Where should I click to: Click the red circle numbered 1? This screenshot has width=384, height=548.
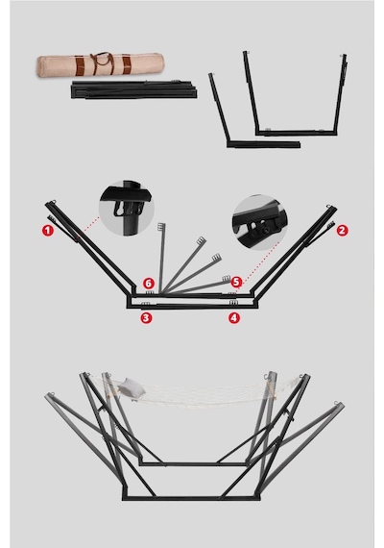coord(48,231)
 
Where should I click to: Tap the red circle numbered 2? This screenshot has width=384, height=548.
coord(342,231)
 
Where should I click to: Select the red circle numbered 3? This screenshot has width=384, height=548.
coord(146,317)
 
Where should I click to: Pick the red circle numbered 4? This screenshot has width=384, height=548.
coord(234,317)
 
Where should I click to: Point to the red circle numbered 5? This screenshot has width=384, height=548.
coord(236,282)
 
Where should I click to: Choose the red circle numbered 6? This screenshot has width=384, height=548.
coord(149,283)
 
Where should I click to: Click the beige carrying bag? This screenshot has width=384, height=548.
coord(100,64)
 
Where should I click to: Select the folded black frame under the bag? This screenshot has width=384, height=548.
coord(134,89)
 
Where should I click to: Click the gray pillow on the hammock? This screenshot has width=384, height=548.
coord(131,388)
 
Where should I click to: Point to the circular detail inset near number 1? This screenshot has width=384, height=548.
coord(127,208)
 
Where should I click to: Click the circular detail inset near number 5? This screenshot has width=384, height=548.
coord(260,223)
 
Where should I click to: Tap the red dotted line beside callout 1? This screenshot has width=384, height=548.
coord(88,227)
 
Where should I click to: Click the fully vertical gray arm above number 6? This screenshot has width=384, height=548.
coord(161,258)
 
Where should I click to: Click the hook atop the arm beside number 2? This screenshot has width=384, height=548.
coord(329,208)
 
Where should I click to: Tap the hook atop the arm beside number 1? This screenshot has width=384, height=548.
coord(53,202)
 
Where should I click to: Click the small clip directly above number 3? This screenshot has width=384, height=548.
coord(146,304)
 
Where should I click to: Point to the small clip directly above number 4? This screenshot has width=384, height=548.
coord(233,302)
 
